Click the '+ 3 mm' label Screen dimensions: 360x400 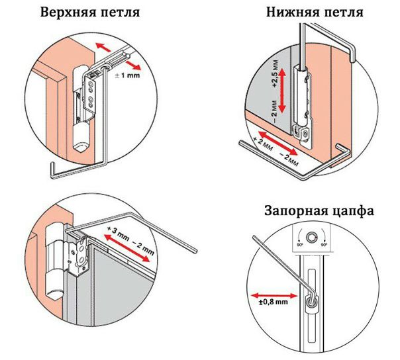117,232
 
